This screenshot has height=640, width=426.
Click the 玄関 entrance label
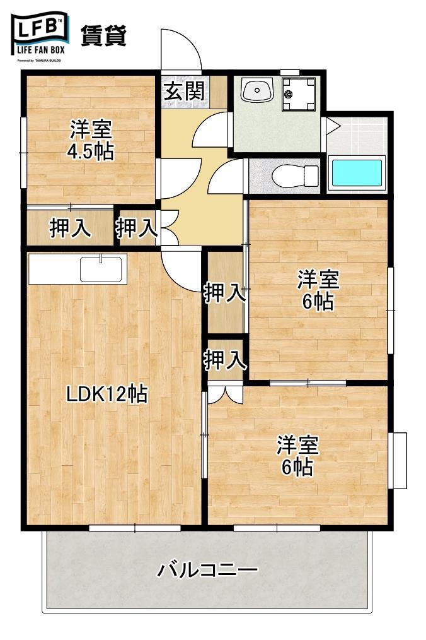[x=184, y=92]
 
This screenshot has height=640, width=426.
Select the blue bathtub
[x=357, y=174]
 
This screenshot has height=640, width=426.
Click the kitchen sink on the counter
[x=100, y=269]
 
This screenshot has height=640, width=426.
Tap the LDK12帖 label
[x=107, y=394]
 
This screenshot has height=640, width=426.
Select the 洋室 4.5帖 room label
[x=91, y=141]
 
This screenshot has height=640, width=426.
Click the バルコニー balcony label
[x=207, y=571]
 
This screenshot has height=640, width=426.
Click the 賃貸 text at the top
[x=103, y=35]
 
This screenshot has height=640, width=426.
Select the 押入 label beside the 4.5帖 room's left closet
[x=70, y=228]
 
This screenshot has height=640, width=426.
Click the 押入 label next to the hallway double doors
[x=136, y=228]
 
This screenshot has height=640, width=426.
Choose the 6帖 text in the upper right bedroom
[x=318, y=302]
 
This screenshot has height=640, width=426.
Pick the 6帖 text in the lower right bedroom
[x=297, y=468]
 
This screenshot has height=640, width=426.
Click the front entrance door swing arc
[x=181, y=49]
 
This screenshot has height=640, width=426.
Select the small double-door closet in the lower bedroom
[x=224, y=393]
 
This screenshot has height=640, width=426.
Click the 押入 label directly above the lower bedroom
[x=224, y=360]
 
